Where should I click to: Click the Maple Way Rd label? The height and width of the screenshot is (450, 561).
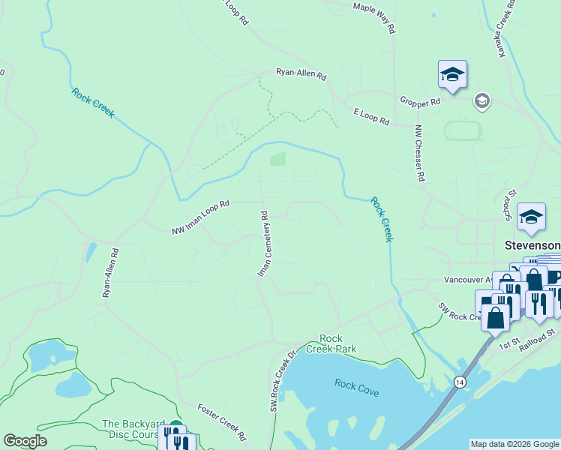(373, 17)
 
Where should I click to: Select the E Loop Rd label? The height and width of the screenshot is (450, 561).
(371, 116)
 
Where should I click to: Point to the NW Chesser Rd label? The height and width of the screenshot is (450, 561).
(420, 153)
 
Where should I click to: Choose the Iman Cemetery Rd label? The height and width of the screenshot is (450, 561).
(263, 244)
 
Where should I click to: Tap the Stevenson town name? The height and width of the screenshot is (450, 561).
(532, 245)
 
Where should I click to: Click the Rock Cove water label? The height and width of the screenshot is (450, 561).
(357, 388)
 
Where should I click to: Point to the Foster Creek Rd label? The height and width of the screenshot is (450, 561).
(222, 422)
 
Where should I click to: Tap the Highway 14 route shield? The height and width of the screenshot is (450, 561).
(458, 382)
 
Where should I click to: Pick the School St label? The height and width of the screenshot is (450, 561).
(511, 205)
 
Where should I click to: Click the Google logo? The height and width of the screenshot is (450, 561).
(25, 441)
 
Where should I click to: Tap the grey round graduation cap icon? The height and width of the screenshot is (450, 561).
(481, 101)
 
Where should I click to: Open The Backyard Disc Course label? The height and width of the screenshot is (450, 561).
(130, 429)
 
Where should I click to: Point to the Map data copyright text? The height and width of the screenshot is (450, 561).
(514, 444)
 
